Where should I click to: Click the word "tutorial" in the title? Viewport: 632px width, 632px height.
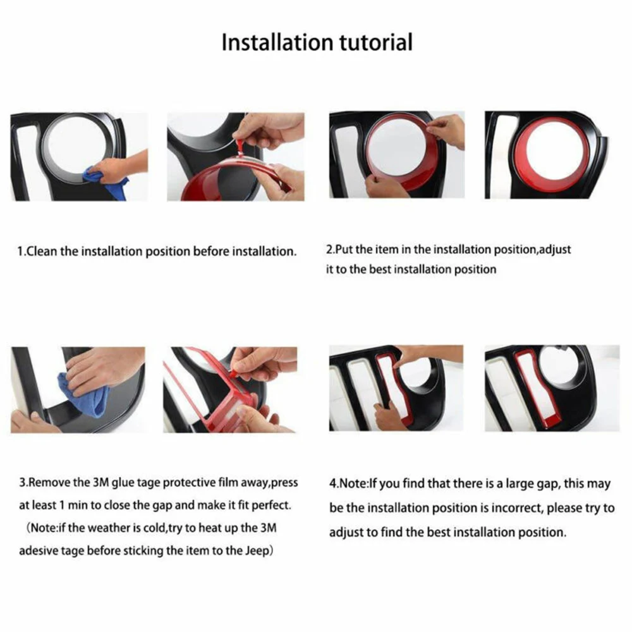coord(376,42)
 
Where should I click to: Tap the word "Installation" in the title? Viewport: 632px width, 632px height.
coord(278,42)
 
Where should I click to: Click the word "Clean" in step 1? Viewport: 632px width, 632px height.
coord(42,252)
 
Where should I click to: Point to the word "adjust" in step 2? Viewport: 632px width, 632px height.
coord(555,250)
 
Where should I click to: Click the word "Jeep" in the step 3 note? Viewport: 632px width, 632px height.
coord(257,551)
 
